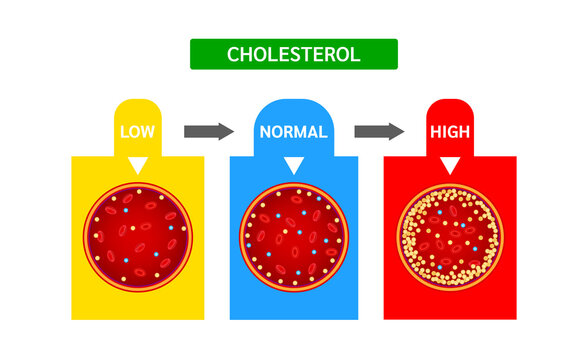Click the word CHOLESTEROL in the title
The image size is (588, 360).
click(294, 54)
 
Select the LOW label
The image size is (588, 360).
click(138, 132)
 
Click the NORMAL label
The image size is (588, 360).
click(293, 132)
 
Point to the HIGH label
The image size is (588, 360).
click(449, 132)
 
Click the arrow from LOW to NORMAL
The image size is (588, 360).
click(209, 131)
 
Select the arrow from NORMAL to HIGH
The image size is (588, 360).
click(379, 131)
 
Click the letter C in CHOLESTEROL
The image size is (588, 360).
click(234, 54)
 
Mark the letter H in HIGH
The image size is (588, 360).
click(435, 132)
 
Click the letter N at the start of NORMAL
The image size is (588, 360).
click(265, 132)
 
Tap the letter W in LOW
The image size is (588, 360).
click(150, 132)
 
